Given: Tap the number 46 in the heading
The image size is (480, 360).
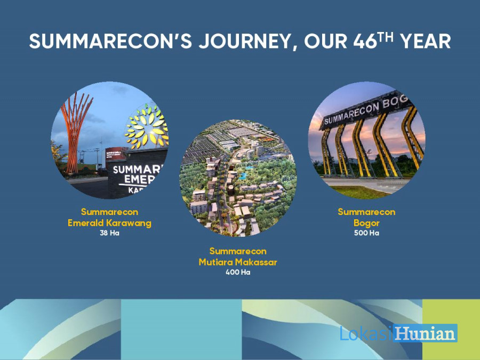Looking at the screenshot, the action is pos(365,41).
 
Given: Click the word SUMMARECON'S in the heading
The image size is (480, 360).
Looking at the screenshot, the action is pos(110,41).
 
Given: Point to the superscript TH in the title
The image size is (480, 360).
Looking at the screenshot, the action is pos(385,37).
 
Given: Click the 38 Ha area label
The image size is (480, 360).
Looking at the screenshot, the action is pos(109,233).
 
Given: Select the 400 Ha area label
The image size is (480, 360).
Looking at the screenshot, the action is pos(238,272).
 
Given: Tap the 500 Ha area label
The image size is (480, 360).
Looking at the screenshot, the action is pos(366,233).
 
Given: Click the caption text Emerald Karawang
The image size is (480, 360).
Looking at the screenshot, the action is pos(109,223).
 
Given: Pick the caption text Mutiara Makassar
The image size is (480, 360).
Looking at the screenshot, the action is pos(238,262).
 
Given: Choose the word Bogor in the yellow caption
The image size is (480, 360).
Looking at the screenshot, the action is pos(366,223).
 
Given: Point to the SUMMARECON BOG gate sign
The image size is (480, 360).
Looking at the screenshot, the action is pos(366,111).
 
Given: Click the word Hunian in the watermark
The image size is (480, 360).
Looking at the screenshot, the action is pos(426,333).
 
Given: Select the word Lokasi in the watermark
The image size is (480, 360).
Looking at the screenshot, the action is pos(366,333).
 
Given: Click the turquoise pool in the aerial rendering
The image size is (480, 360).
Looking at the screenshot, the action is pos(243,176).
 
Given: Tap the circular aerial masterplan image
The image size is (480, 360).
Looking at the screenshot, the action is pos(238,178).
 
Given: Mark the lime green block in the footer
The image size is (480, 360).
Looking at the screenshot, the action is pos(451,330).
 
